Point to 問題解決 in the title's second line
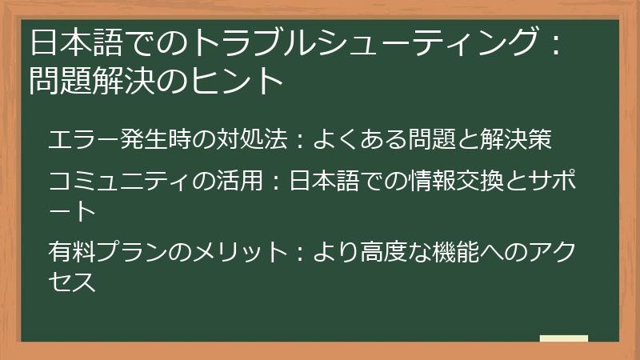[87, 80]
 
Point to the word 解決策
[516, 138]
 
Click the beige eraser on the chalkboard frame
[563, 339]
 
